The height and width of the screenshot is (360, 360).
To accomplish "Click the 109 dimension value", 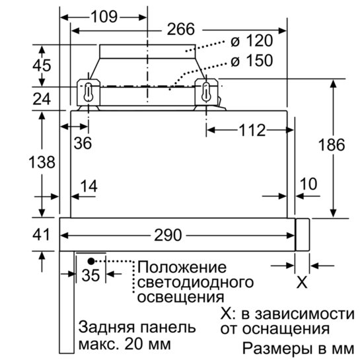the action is [x=104, y=17].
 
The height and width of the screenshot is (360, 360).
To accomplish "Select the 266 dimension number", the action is [x=181, y=29].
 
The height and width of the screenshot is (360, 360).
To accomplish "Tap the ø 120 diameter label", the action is [x=252, y=41].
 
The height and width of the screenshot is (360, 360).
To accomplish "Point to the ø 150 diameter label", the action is [x=252, y=61].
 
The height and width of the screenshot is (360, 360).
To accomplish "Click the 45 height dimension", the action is [x=42, y=65].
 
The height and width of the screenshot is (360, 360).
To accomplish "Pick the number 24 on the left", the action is [x=42, y=99].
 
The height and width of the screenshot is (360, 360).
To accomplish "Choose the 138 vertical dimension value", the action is [x=42, y=162].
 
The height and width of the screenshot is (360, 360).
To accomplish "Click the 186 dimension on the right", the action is [x=332, y=145].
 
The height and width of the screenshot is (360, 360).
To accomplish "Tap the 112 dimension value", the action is [x=252, y=130].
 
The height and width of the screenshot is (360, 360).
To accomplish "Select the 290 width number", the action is [x=168, y=235].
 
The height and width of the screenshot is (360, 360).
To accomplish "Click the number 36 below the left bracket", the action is [x=83, y=143].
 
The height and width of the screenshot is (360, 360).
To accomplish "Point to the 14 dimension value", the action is [x=89, y=186].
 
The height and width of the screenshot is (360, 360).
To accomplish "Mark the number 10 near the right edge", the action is [x=308, y=184].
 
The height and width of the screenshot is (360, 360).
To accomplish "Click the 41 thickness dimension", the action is [x=41, y=234].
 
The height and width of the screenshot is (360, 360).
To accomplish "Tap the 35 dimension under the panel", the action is [x=91, y=275].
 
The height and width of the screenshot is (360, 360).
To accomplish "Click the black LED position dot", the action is [x=91, y=261].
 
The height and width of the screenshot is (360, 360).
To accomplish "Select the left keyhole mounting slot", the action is [x=88, y=92].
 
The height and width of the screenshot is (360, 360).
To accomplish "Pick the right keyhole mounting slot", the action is [x=206, y=92].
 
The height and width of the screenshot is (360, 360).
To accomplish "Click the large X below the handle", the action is [x=302, y=283].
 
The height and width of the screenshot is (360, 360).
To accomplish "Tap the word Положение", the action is [x=182, y=268].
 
